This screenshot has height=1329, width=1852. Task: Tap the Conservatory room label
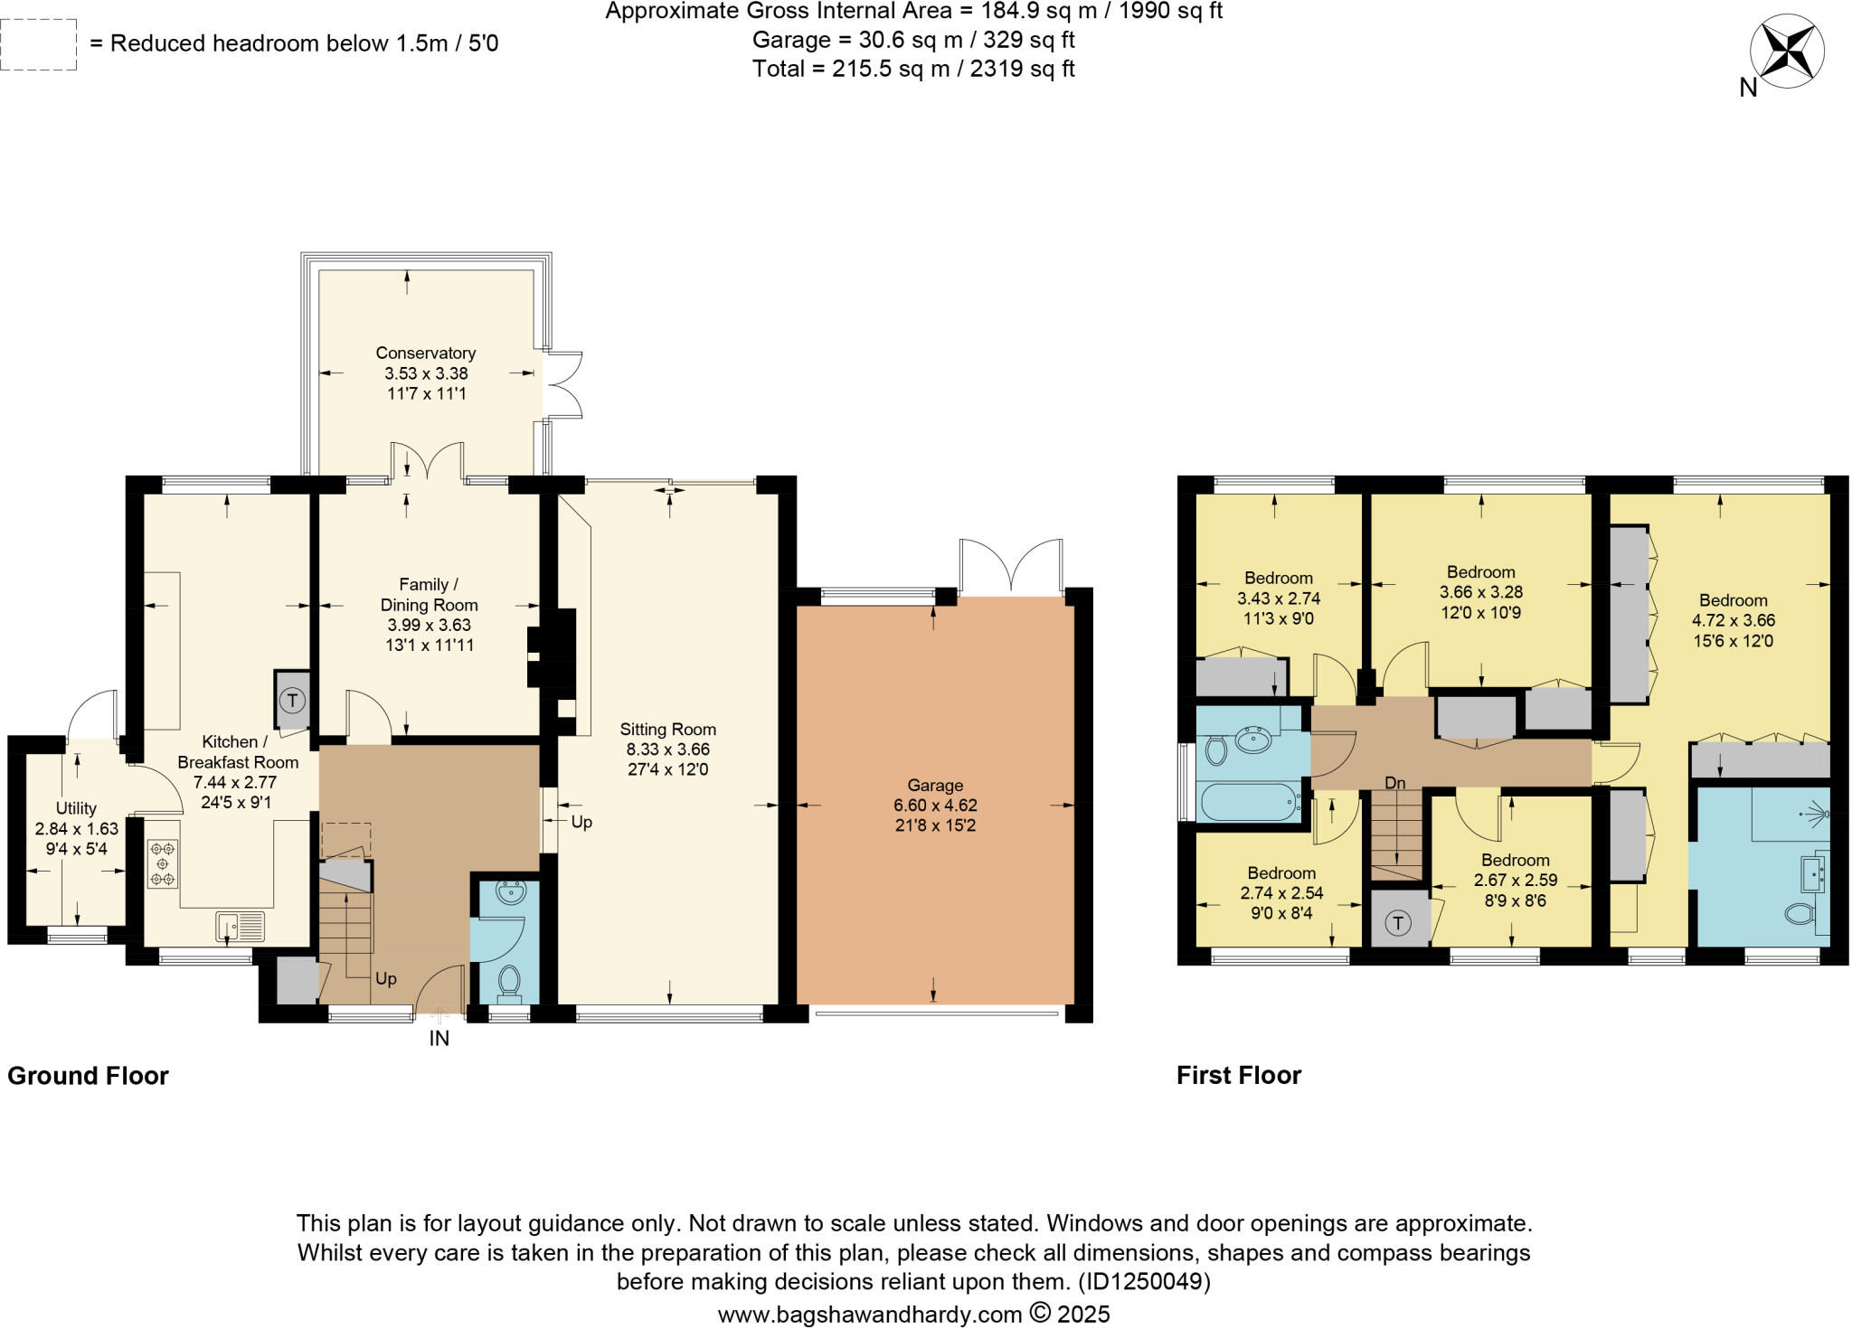coord(425,353)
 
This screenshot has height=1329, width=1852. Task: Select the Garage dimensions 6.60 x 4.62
coord(935,806)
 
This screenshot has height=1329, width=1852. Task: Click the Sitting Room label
coord(667,730)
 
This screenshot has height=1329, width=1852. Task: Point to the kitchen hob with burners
coord(163,863)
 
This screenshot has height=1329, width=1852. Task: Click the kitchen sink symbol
coord(240,927)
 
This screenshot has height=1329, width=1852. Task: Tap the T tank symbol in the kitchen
coord(291,700)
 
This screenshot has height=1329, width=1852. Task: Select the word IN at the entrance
coord(439,1039)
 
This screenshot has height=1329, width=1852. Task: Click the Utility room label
coord(76,808)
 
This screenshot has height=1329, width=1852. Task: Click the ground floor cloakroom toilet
coord(509,981)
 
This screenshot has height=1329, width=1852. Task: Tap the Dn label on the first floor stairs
coord(1395,783)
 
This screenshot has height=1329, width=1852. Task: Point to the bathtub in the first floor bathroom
coord(1250,803)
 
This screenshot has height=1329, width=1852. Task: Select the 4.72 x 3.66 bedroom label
coord(1733,620)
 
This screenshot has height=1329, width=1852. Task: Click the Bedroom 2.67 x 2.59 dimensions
coord(1515,880)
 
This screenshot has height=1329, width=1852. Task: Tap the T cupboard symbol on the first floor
coord(1398,923)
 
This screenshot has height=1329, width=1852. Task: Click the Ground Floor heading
coord(88,1076)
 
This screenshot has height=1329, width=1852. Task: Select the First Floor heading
coord(1238,1075)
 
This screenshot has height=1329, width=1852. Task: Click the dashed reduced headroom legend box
coord(38,44)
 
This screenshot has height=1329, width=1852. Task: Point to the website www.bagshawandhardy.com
coord(869,1314)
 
